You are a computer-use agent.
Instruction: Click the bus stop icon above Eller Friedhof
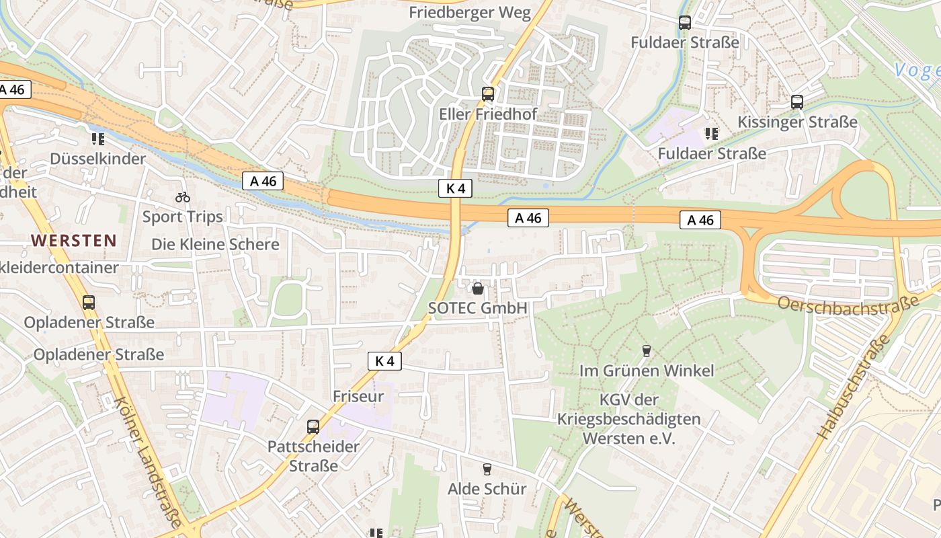point(488,94)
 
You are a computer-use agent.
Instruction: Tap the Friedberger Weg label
point(470,13)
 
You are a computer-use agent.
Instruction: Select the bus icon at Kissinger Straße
point(797,102)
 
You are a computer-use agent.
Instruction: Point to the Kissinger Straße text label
point(797,122)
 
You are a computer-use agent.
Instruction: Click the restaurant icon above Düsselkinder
point(98,139)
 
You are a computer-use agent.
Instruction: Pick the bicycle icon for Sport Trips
point(182,197)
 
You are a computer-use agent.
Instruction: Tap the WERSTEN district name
point(73,240)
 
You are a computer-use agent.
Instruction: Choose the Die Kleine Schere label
point(215,244)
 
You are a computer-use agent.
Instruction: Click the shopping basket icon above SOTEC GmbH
point(478,289)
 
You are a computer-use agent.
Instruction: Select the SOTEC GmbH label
point(478,308)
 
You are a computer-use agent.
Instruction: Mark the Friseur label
point(358,396)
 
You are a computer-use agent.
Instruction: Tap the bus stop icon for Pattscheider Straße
point(313,426)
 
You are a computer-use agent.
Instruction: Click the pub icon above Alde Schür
point(487,469)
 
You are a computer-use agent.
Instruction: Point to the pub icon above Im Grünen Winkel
point(647,350)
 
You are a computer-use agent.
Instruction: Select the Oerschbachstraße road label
point(848,303)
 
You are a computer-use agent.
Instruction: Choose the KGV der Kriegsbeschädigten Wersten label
point(628,419)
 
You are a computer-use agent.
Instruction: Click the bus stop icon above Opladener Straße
point(89,303)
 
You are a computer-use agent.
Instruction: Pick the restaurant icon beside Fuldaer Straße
point(711,134)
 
